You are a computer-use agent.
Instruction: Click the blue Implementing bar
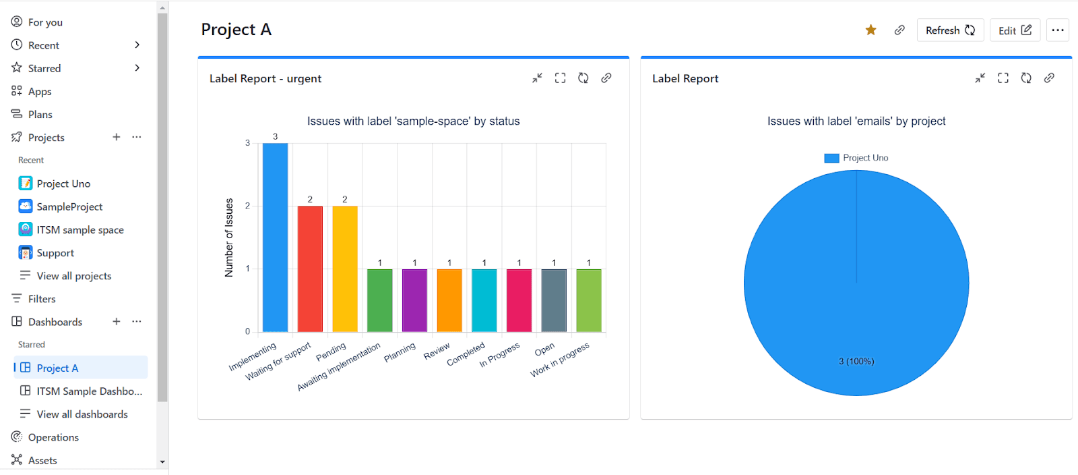[276, 237]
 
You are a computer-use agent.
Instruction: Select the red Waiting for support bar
[310, 269]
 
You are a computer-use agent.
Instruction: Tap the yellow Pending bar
[345, 269]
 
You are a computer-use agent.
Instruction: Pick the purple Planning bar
[414, 301]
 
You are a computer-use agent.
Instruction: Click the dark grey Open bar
[554, 301]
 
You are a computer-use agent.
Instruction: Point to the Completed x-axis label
[466, 354]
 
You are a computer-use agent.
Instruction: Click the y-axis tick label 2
[248, 206]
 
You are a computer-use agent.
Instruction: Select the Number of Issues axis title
[228, 237]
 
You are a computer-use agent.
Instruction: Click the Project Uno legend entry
[856, 158]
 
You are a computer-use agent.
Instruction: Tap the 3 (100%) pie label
[856, 361]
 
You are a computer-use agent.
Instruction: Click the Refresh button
[950, 30]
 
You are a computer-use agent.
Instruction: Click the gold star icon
[870, 30]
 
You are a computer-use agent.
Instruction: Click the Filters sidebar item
[42, 299]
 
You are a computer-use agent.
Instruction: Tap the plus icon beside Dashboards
[117, 321]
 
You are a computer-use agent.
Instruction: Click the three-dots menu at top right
[1058, 30]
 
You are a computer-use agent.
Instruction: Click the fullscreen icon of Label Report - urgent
[560, 78]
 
